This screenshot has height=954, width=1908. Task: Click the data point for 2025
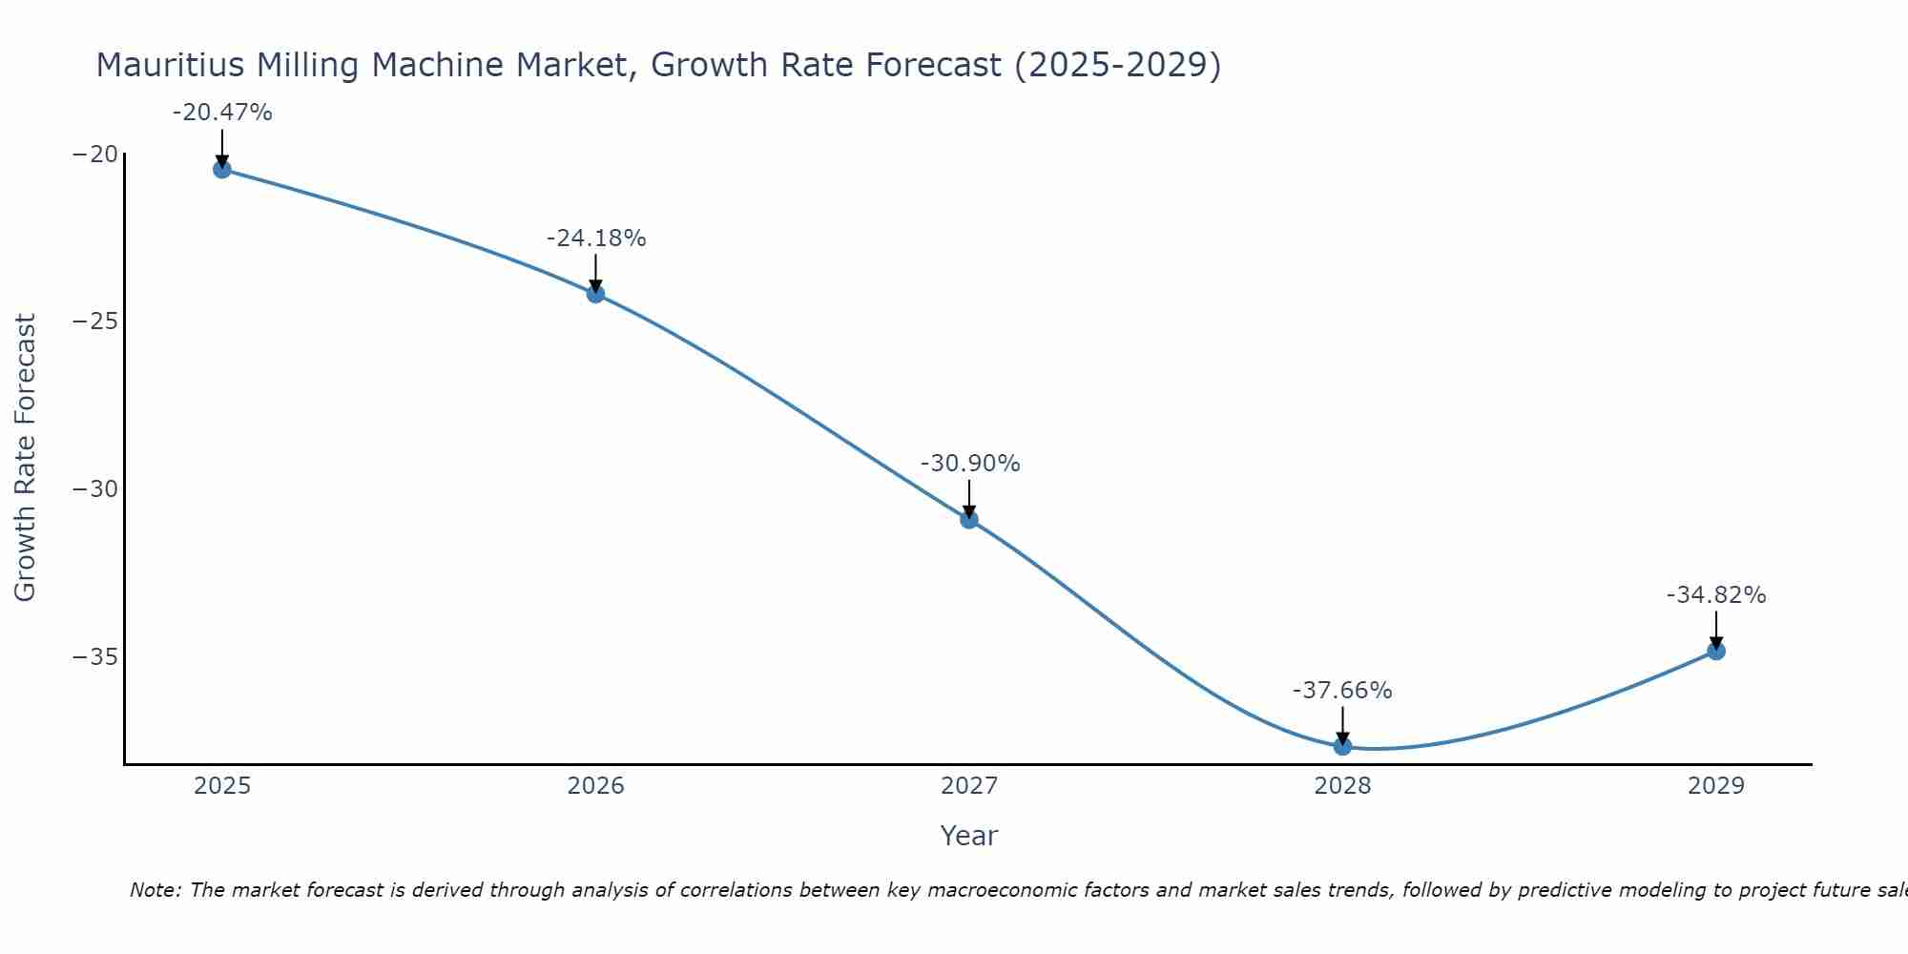tap(222, 170)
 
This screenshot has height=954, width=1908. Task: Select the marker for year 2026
tap(595, 294)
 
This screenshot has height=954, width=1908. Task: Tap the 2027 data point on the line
tap(969, 519)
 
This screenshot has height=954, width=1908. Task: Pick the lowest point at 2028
tap(1342, 746)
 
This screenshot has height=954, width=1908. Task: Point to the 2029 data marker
tap(1716, 651)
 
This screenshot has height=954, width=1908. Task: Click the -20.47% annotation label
tap(222, 113)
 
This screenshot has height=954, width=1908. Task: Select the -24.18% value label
tap(596, 238)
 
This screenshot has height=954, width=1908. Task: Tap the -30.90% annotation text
tap(970, 464)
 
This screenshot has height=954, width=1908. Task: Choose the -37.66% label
tap(1342, 691)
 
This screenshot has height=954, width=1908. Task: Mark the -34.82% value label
tap(1716, 595)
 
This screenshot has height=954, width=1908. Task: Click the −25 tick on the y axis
tap(95, 321)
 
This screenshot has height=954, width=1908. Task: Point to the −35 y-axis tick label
tap(95, 657)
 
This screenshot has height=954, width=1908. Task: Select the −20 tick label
tap(95, 155)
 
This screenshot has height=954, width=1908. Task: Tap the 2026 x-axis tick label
tap(595, 786)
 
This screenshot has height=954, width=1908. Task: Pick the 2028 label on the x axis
tap(1342, 786)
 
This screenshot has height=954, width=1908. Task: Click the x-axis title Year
tap(969, 836)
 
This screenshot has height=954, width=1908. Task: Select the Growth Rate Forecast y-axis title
tap(26, 458)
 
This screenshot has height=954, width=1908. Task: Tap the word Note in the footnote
tap(154, 890)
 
